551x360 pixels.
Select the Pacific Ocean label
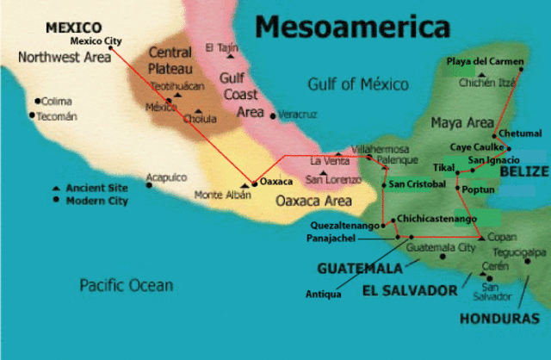[127, 285]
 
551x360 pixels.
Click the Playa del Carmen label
[484, 61]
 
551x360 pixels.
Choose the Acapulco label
[166, 177]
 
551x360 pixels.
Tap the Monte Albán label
[223, 195]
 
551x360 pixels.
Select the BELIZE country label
[523, 171]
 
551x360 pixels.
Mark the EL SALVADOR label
[410, 289]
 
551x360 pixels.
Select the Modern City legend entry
[96, 201]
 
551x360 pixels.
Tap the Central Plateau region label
[170, 59]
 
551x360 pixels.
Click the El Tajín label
[220, 47]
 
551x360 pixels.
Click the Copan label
[501, 237]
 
